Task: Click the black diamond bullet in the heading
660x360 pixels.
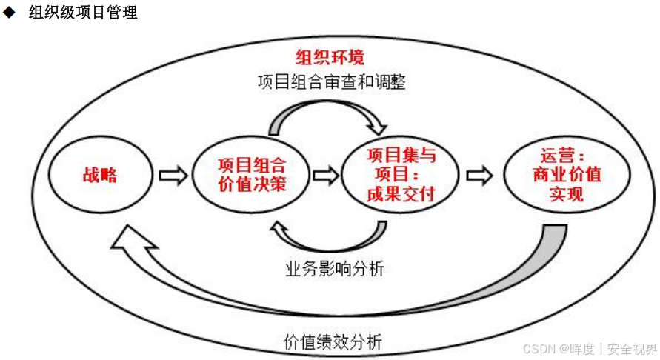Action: click(x=9, y=13)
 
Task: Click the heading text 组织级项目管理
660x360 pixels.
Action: click(x=83, y=13)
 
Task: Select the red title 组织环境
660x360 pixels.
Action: click(x=330, y=57)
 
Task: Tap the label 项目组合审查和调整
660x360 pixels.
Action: click(x=331, y=81)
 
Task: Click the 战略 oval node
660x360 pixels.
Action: click(x=99, y=176)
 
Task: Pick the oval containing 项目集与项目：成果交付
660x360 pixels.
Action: click(x=401, y=176)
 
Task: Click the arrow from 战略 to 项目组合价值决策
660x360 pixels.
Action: click(x=173, y=176)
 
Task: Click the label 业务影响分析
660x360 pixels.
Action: click(x=335, y=268)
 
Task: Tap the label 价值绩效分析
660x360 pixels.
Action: click(x=333, y=342)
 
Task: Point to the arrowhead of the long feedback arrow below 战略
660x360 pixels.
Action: click(x=130, y=239)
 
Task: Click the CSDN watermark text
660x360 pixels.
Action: click(x=590, y=349)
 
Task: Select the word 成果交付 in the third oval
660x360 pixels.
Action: click(x=401, y=195)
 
